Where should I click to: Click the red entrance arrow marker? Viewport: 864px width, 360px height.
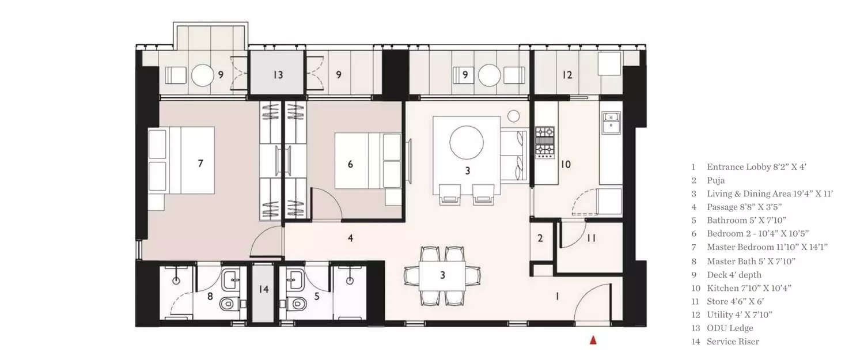(593, 341)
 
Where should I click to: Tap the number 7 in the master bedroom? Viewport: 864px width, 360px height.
(200, 164)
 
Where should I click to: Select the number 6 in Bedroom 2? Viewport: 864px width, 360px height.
(350, 164)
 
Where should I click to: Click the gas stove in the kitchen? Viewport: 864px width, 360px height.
(544, 142)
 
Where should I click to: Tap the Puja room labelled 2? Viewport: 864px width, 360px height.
(540, 238)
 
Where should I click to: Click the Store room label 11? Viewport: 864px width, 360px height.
(591, 238)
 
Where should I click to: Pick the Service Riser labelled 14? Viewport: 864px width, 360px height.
(263, 289)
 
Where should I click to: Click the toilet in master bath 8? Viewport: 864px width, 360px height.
(228, 303)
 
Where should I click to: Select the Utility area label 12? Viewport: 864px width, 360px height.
(567, 75)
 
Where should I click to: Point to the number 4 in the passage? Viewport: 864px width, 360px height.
(350, 237)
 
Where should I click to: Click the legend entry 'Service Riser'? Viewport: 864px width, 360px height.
(733, 342)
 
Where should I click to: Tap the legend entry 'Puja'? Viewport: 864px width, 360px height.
(716, 180)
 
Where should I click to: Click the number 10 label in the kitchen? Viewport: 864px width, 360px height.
(566, 164)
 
